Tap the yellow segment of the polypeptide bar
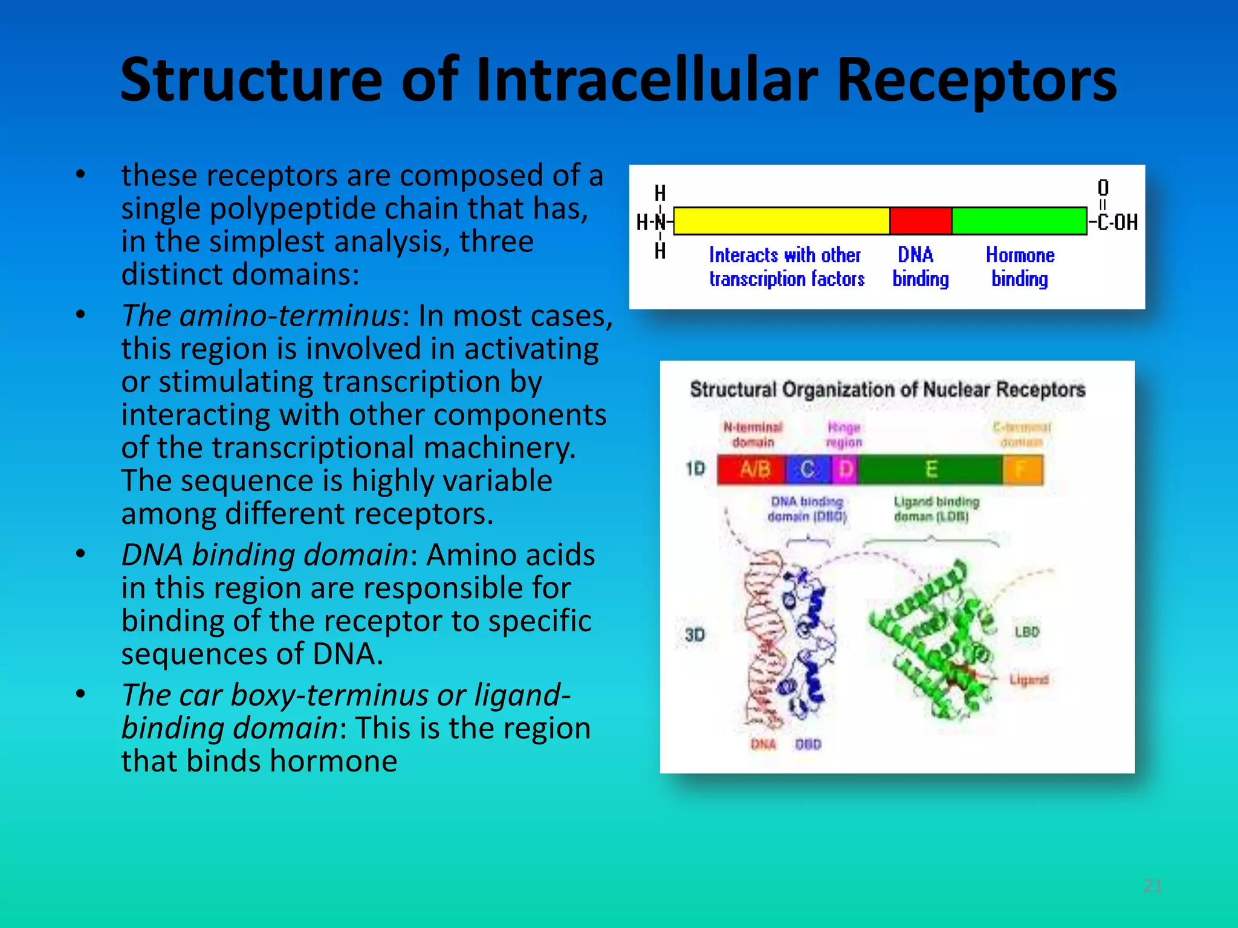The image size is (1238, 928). point(781,221)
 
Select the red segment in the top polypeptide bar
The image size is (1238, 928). point(921,221)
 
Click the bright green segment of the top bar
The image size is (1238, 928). point(1019,221)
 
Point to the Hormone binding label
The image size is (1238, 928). point(1020,266)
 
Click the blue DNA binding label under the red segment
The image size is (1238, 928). point(920,266)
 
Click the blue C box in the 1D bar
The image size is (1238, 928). point(808,469)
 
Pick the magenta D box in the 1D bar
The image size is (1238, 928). point(846,469)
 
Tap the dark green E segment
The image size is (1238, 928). point(931,469)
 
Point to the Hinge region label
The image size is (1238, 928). point(844,435)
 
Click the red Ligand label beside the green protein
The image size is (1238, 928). point(1029,680)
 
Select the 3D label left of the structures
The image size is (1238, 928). point(695,635)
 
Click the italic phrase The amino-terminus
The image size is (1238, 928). point(260,316)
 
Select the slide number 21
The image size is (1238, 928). point(1152,886)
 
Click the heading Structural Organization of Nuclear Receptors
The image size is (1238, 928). point(887,390)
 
